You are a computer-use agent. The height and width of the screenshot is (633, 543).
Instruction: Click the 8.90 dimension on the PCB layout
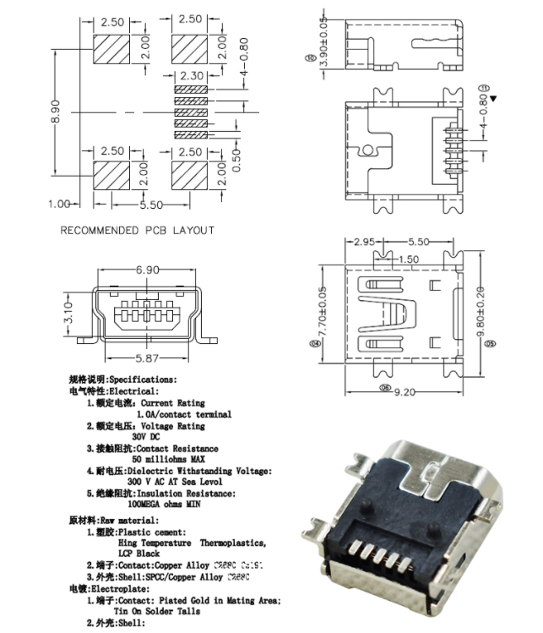tap(56, 109)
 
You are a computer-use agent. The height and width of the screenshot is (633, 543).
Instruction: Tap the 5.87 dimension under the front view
tap(148, 357)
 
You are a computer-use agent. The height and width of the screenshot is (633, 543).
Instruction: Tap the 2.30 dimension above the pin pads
tap(190, 76)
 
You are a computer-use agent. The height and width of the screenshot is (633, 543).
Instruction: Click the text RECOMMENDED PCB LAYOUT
tap(138, 230)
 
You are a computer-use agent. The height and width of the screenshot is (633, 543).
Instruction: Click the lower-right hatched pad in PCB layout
tap(189, 177)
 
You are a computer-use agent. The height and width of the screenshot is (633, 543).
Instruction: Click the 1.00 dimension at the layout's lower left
tap(58, 204)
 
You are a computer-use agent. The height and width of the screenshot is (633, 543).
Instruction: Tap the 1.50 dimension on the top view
tap(408, 259)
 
